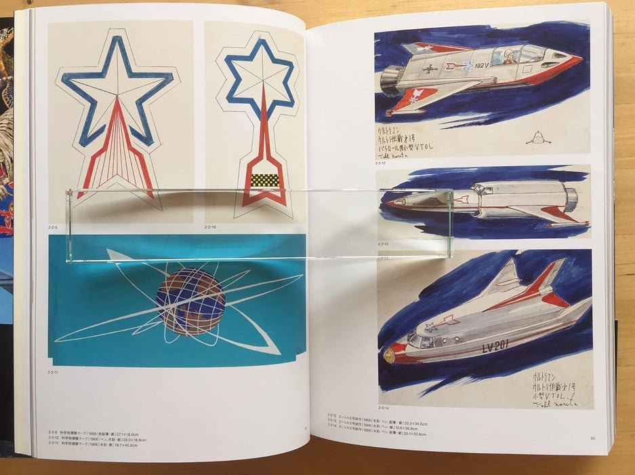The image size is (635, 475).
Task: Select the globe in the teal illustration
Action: point(190,301)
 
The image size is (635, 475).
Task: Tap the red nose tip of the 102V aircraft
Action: point(576,59)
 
